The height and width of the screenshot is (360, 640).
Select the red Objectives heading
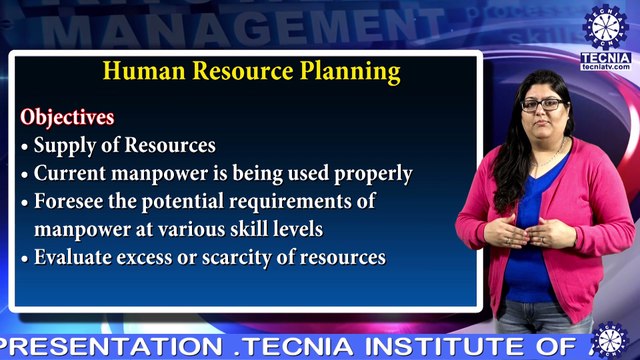pos(67,117)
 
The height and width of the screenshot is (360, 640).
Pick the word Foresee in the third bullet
pos(69,201)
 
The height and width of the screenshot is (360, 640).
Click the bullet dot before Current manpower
pos(25,174)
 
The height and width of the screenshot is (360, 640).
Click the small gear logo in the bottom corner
pos(607,338)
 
